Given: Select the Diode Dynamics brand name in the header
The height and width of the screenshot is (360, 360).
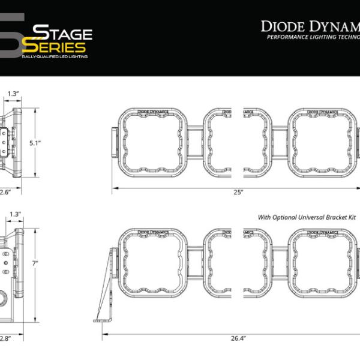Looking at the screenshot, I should pyautogui.click(x=310, y=26).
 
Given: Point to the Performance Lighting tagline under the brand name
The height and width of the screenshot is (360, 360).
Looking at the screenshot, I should pyautogui.click(x=313, y=37).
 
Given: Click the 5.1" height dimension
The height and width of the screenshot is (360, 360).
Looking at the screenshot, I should pyautogui.click(x=35, y=143).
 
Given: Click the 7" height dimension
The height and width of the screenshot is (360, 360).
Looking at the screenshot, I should pyautogui.click(x=35, y=263).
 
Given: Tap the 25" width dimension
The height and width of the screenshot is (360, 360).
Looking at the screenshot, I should pyautogui.click(x=238, y=192).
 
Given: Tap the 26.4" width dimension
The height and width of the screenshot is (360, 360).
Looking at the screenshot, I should pyautogui.click(x=238, y=338).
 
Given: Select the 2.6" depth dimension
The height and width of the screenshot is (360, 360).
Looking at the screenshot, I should pyautogui.click(x=5, y=192).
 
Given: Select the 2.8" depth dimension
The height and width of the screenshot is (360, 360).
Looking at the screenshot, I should pyautogui.click(x=5, y=338).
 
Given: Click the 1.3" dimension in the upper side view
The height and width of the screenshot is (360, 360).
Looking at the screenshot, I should pyautogui.click(x=14, y=94).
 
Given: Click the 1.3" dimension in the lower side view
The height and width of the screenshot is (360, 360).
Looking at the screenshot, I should pyautogui.click(x=15, y=214).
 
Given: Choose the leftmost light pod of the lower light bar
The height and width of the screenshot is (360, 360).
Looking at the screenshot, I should pyautogui.click(x=154, y=263).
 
